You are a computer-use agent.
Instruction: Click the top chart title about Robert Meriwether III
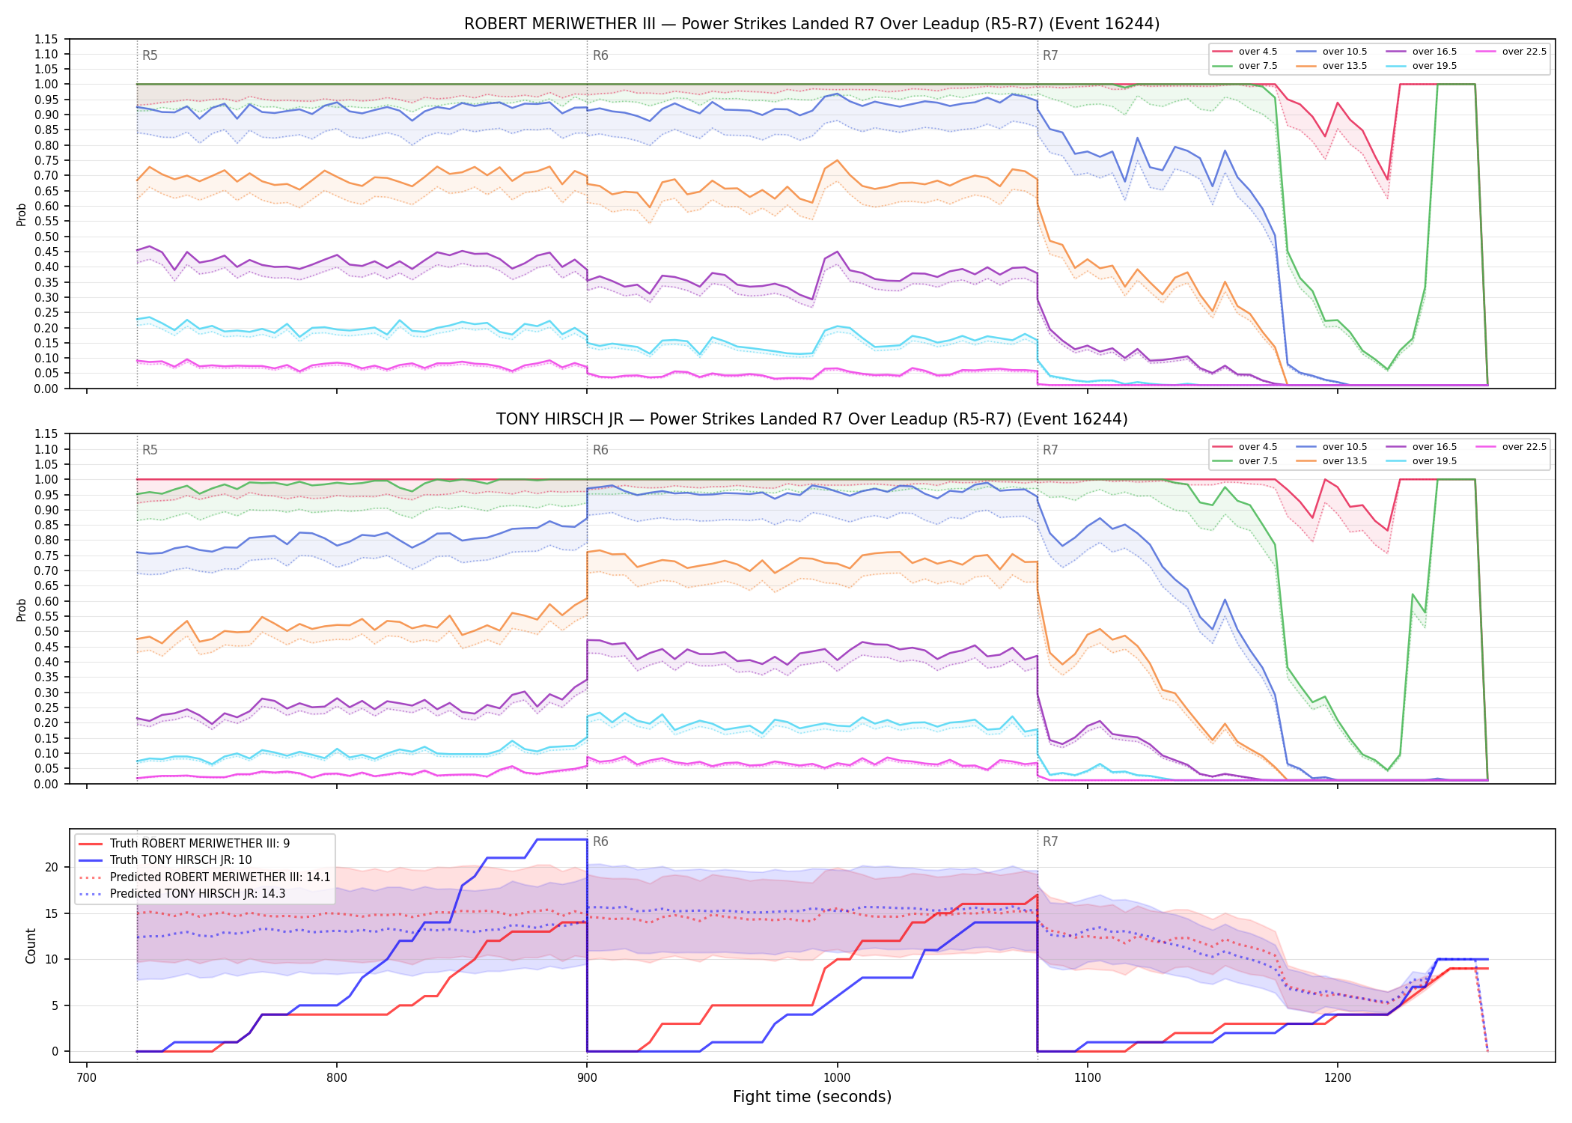click(x=811, y=24)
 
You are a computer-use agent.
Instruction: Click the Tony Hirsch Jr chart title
click(x=811, y=419)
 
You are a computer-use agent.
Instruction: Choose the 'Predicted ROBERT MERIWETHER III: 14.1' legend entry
click(x=204, y=877)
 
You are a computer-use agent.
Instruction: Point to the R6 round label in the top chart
click(x=600, y=55)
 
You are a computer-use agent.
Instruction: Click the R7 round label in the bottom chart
click(x=1050, y=842)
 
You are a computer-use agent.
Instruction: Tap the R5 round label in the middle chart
click(x=150, y=450)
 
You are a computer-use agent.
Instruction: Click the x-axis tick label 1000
click(x=837, y=1078)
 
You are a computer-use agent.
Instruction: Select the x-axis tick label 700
click(x=87, y=1078)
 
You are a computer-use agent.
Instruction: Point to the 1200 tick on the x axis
click(x=1338, y=1078)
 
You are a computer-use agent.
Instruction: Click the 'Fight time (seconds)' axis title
click(x=812, y=1097)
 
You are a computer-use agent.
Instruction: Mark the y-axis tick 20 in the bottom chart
click(x=52, y=868)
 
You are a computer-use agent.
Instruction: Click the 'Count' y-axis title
click(x=31, y=946)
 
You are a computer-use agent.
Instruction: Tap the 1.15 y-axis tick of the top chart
click(x=46, y=39)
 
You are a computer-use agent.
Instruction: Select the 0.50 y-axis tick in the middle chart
click(x=46, y=631)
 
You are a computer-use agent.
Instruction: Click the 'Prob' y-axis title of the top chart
click(x=22, y=214)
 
